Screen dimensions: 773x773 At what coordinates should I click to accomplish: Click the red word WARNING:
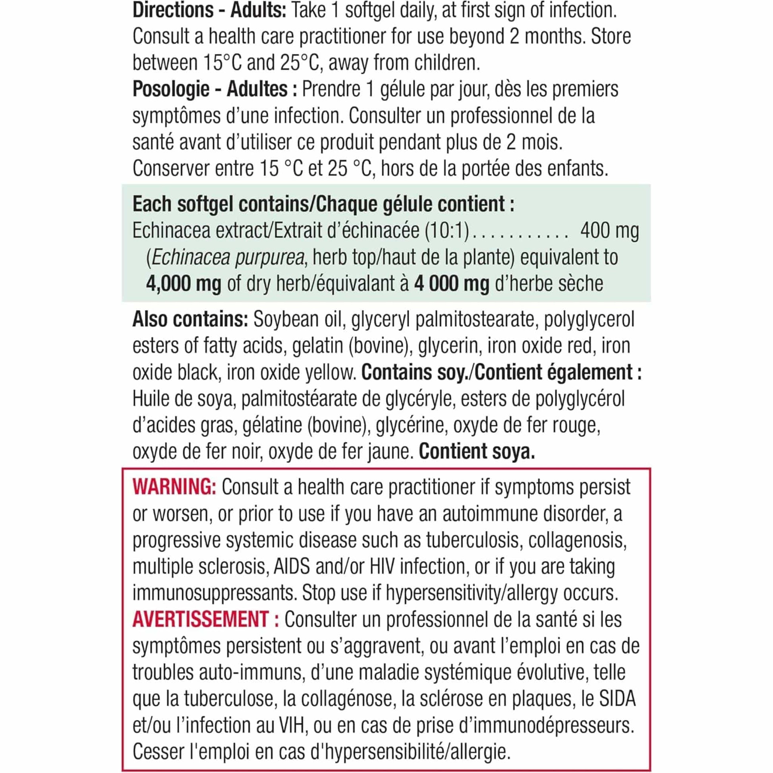pyautogui.click(x=174, y=488)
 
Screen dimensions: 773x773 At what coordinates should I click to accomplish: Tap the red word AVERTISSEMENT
pyautogui.click(x=200, y=620)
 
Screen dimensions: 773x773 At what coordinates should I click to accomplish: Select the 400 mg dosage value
pyautogui.click(x=609, y=231)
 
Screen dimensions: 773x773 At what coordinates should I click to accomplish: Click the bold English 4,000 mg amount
pyautogui.click(x=184, y=284)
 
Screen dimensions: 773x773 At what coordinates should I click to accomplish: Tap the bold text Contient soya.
pyautogui.click(x=477, y=452)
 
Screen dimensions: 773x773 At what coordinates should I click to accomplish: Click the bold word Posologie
pyautogui.click(x=170, y=89)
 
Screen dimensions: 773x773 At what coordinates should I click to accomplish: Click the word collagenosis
pyautogui.click(x=577, y=541)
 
